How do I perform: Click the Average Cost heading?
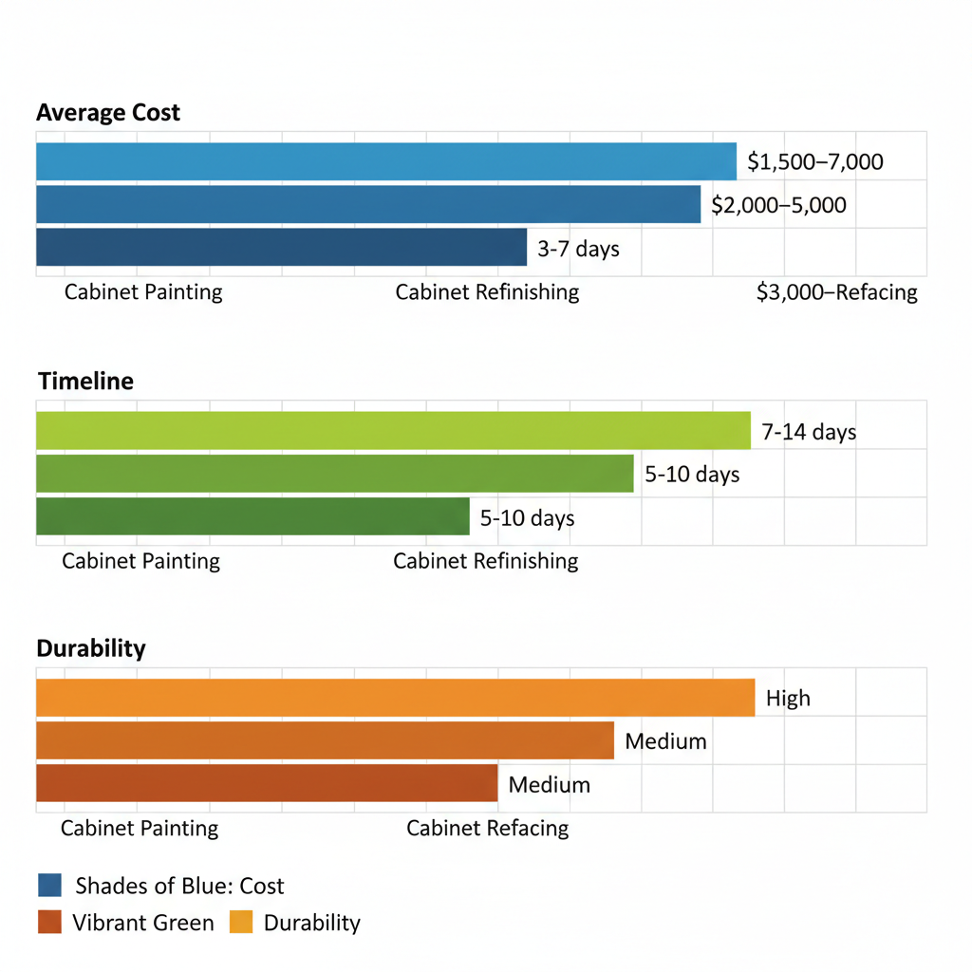pyautogui.click(x=108, y=113)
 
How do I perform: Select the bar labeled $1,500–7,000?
pyautogui.click(x=385, y=161)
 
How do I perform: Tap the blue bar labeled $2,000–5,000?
pyautogui.click(x=367, y=204)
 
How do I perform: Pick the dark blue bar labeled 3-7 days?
pyautogui.click(x=281, y=248)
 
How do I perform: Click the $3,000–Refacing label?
pyautogui.click(x=836, y=292)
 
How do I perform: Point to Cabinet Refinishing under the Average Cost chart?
pyautogui.click(x=487, y=291)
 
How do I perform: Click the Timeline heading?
pyautogui.click(x=85, y=382)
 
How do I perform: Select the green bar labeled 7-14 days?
pyautogui.click(x=393, y=431)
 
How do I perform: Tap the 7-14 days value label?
pyautogui.click(x=809, y=433)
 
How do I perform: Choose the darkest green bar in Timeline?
pyautogui.click(x=252, y=517)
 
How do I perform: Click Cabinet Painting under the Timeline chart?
pyautogui.click(x=140, y=561)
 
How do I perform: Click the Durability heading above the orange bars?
pyautogui.click(x=91, y=649)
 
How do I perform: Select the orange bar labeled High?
pyautogui.click(x=395, y=698)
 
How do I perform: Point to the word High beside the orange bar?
pyautogui.click(x=788, y=699)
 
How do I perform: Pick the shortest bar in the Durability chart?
pyautogui.click(x=267, y=783)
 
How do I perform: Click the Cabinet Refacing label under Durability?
pyautogui.click(x=487, y=829)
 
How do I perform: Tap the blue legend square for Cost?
pyautogui.click(x=50, y=886)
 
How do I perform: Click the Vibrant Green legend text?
pyautogui.click(x=142, y=923)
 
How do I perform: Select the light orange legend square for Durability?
pyautogui.click(x=241, y=922)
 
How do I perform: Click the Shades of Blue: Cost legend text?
pyautogui.click(x=179, y=887)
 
